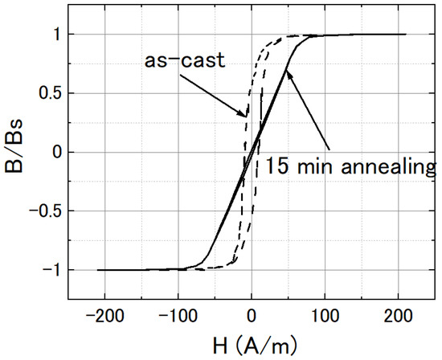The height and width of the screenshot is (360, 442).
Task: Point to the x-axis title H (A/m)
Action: [251, 346]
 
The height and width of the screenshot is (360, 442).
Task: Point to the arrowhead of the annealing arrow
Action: [288, 73]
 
